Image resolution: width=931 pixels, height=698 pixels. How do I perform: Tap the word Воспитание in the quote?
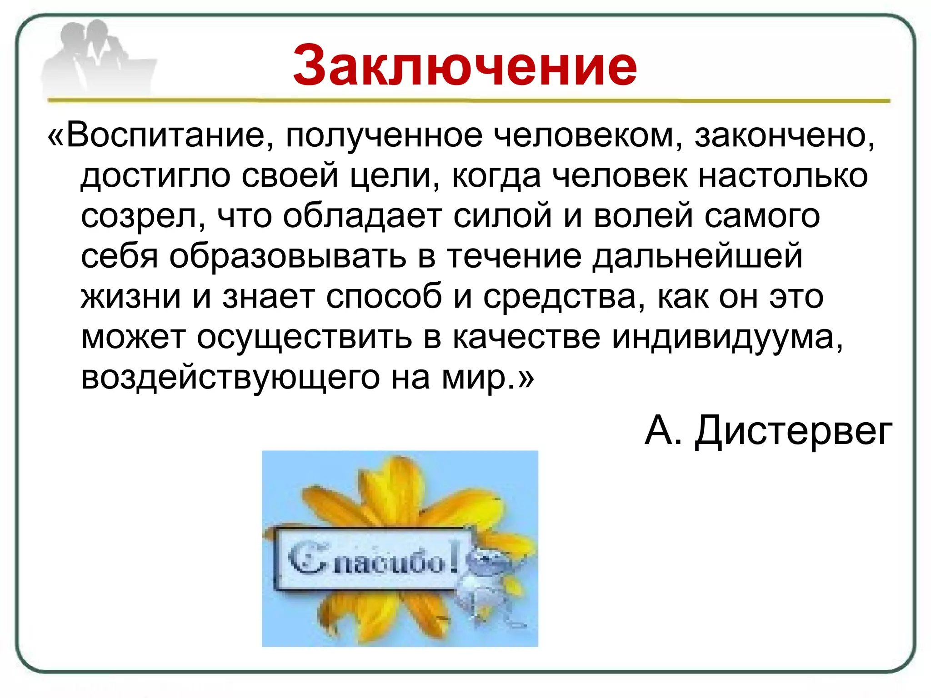tap(166, 135)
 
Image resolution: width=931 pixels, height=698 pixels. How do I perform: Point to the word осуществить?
tap(304, 337)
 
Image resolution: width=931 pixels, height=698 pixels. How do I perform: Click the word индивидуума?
tap(727, 337)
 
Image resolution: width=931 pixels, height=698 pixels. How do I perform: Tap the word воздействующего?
tap(230, 378)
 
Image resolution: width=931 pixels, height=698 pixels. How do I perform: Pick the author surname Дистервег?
tap(794, 431)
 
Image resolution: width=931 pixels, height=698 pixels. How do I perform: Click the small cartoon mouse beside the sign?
tap(489, 586)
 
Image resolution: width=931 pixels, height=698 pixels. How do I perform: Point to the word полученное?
tap(384, 135)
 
